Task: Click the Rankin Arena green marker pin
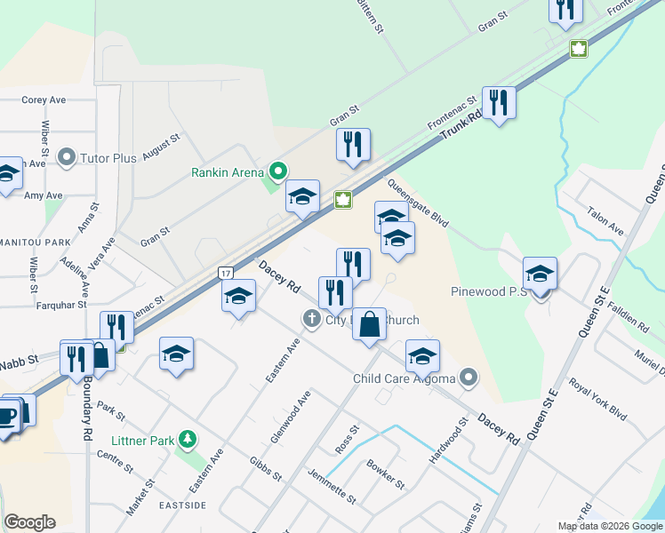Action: click(278, 168)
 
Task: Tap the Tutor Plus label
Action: click(108, 158)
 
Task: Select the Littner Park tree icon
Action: click(187, 439)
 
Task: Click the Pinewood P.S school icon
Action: click(540, 275)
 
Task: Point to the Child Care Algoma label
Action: click(404, 378)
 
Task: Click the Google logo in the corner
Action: click(29, 521)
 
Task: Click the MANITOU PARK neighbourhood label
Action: click(35, 242)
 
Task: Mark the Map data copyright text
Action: click(610, 526)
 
